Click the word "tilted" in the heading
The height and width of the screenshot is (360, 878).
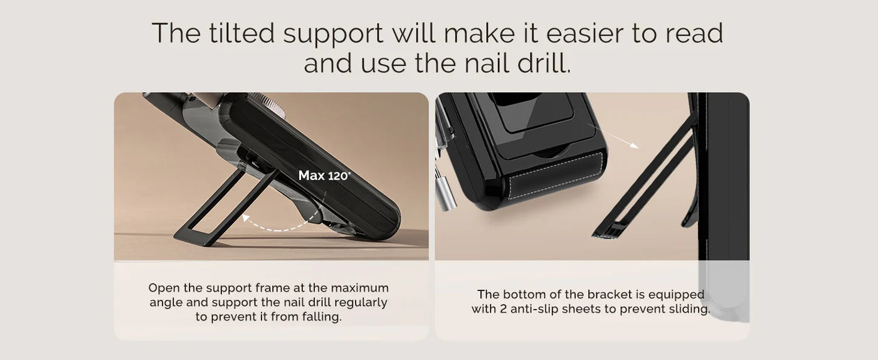[x=241, y=33]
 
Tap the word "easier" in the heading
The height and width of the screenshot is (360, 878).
[x=584, y=33]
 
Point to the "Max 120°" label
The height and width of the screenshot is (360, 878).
[x=324, y=175]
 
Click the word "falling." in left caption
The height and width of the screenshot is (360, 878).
[x=322, y=317]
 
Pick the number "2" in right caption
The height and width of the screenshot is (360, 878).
[x=503, y=309]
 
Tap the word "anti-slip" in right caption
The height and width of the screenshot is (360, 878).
[x=534, y=309]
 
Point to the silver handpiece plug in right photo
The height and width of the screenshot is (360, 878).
[x=446, y=193]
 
